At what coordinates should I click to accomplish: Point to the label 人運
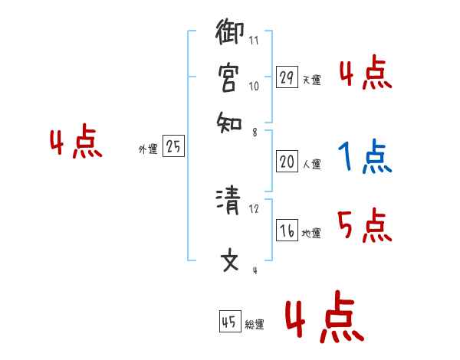coord(311,164)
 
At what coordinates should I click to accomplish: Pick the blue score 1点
coord(364,158)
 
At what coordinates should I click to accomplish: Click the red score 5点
coord(364,227)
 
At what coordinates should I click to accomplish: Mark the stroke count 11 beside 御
coord(254,39)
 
